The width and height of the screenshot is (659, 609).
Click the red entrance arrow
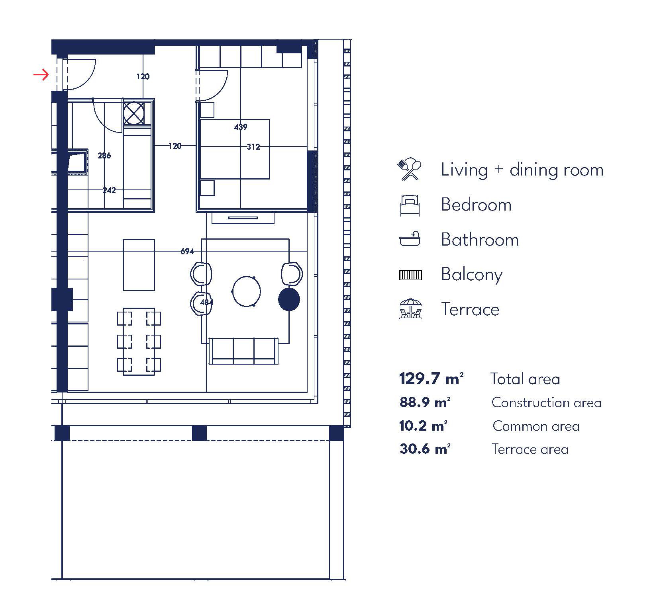pos(41,75)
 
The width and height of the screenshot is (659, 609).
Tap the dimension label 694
pos(187,251)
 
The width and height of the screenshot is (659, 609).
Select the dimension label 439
pos(241,127)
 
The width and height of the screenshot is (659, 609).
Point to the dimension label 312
pos(253,147)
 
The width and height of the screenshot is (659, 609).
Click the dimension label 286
pos(104,156)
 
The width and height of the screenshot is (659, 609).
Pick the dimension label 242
pos(109,190)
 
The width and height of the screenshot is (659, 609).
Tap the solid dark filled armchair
pos(289,300)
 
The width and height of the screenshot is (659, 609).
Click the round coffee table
pos(246,291)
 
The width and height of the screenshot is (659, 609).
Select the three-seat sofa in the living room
pos(244,351)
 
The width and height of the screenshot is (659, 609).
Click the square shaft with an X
pos(134,113)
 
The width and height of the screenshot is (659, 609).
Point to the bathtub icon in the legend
pos(410,239)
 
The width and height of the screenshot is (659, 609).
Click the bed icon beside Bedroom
pos(410,205)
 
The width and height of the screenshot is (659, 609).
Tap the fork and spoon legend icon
pos(410,170)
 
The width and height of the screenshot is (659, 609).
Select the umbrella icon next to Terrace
pos(410,309)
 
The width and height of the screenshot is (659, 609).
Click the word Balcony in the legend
pos(472,275)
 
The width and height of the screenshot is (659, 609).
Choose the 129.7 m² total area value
pos(431,379)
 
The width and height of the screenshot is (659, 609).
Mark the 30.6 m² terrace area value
pos(425,449)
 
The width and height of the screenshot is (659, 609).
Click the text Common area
pos(536,426)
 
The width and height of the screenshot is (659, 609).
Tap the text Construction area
pos(547,403)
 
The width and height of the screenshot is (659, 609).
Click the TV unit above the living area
pos(243,218)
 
